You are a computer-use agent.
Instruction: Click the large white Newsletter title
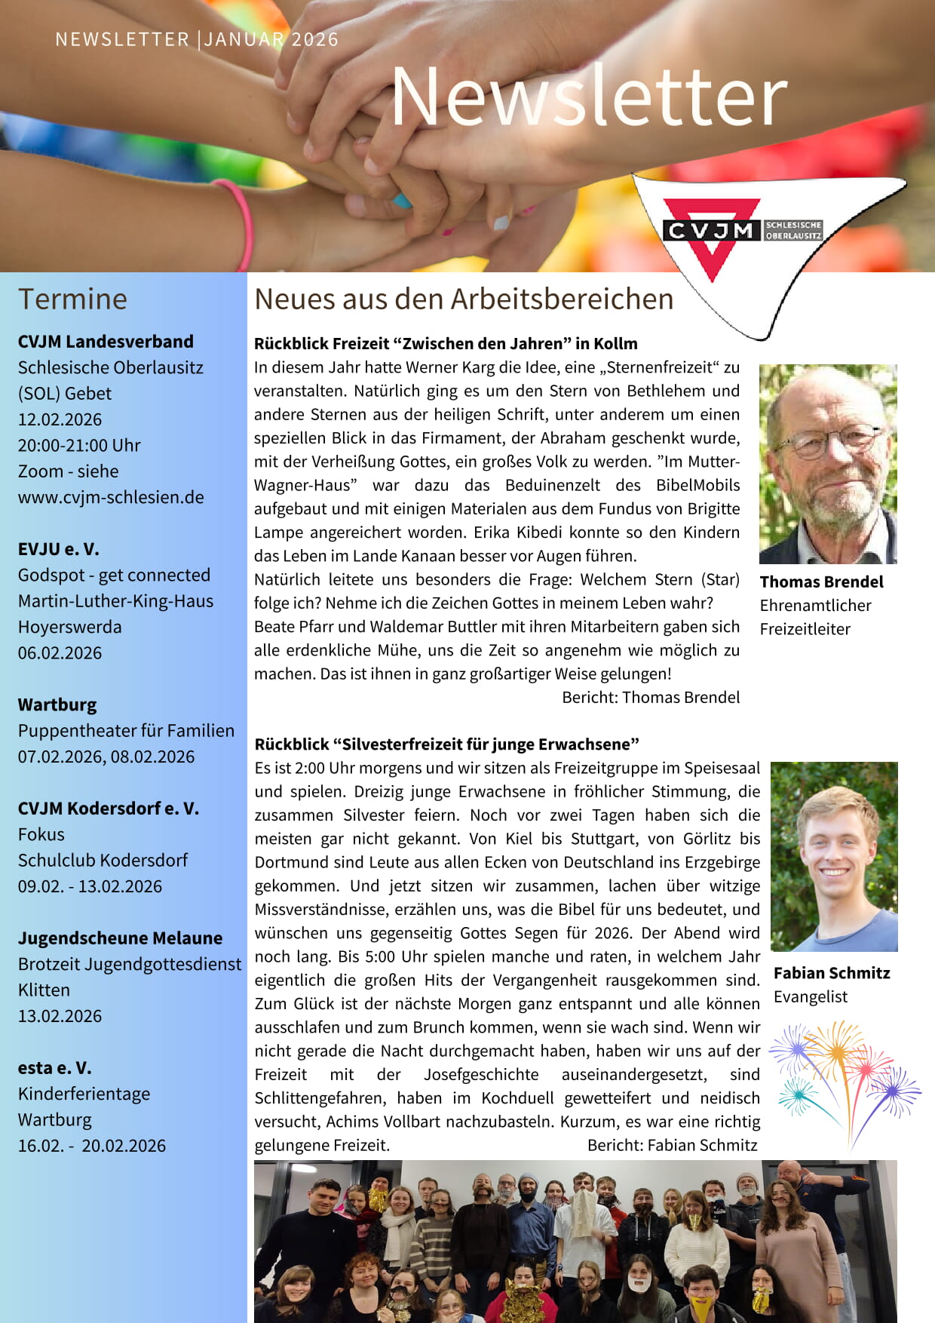(589, 96)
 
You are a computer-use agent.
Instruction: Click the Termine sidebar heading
(72, 299)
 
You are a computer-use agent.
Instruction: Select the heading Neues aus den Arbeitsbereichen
(463, 299)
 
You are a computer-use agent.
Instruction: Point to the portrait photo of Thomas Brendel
(827, 464)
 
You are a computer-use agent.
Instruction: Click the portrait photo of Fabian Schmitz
(833, 856)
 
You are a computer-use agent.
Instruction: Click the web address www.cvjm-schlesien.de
(111, 497)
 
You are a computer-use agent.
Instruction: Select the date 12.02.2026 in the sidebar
(60, 419)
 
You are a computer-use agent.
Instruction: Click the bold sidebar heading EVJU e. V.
(59, 549)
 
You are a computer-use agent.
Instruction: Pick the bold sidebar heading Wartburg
(57, 704)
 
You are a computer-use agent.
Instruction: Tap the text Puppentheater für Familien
(126, 730)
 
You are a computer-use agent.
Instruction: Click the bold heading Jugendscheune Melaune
(120, 938)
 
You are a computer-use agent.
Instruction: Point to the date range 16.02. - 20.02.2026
(91, 1145)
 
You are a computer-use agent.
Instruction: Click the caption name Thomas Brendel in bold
(821, 582)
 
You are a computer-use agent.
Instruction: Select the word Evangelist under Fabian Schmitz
(810, 996)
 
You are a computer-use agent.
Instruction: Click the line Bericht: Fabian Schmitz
(672, 1145)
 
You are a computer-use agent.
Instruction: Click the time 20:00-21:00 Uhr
(79, 445)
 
